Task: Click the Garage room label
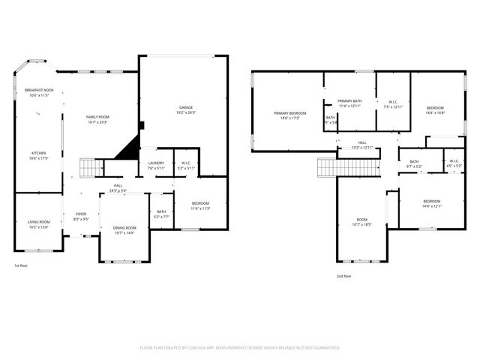point(185,110)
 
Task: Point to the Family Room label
point(97,119)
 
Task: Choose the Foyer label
point(80,217)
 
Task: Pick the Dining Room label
point(124,230)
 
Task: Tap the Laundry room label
point(156,165)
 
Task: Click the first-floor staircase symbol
point(88,168)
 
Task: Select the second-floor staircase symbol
point(334,166)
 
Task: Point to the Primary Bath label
point(349,103)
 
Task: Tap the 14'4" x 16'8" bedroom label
point(435,110)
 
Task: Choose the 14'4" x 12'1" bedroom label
point(431,203)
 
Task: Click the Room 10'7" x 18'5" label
point(361,222)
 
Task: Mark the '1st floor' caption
point(22,265)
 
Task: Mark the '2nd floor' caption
point(343,276)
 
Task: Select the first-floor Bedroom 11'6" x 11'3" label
point(199,205)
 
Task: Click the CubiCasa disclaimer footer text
point(240,347)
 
